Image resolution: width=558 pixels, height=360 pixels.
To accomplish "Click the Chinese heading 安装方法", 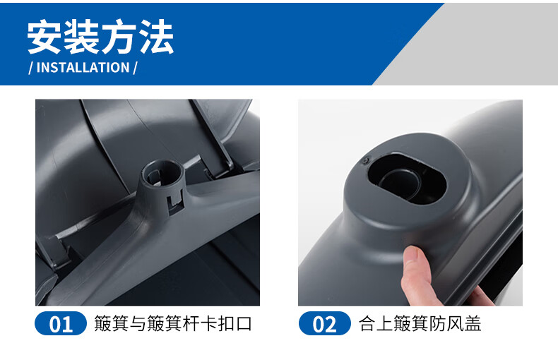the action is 100,37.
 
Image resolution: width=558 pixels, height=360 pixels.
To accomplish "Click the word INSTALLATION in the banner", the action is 83,68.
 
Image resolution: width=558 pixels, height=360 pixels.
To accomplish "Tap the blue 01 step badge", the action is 61,323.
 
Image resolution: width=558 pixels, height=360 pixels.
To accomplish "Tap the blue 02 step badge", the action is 324,323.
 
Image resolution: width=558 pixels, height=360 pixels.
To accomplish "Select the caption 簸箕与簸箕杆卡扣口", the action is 173,324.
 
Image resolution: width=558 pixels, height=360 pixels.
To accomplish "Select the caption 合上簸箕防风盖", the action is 420,324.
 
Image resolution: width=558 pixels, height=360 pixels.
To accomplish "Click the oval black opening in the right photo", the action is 407,178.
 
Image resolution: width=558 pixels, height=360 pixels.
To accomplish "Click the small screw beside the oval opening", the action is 364,162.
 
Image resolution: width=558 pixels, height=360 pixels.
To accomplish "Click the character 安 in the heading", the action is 44,37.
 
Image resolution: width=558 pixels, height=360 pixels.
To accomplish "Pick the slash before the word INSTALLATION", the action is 30,68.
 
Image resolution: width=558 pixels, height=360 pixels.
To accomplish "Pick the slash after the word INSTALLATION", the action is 135,68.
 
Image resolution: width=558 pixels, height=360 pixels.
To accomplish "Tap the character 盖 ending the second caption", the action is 473,324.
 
